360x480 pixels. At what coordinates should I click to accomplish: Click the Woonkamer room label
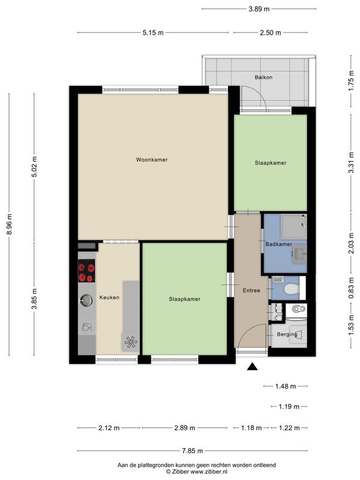coord(152,160)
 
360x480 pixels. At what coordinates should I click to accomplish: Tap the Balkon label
coord(263,77)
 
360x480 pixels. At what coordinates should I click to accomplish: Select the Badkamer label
coord(278,244)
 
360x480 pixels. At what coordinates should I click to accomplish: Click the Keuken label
coord(109,297)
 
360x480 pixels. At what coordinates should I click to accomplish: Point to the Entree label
coord(251,290)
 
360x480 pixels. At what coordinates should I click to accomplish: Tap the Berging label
coord(287,334)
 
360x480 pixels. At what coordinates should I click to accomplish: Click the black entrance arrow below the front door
coord(252,367)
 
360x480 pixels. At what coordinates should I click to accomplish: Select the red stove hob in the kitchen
coord(86,271)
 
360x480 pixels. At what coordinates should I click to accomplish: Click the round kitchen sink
coord(86,301)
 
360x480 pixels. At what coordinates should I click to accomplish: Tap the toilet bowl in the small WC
coord(292,289)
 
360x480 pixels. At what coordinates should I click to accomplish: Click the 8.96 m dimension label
coord(9,224)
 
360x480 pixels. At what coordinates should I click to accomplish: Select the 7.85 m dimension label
coord(192,451)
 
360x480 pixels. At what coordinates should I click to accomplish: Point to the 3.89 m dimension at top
coord(259,9)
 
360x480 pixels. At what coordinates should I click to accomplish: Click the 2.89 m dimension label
coord(185,428)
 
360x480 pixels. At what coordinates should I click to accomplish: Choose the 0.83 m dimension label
coord(351,288)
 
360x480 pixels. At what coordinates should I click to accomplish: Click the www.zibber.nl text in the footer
coord(209,472)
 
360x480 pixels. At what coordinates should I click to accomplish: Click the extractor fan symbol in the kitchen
coord(131,342)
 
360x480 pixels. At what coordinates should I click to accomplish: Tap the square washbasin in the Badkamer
coord(299,254)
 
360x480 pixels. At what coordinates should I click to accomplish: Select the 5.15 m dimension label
coord(153,32)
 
